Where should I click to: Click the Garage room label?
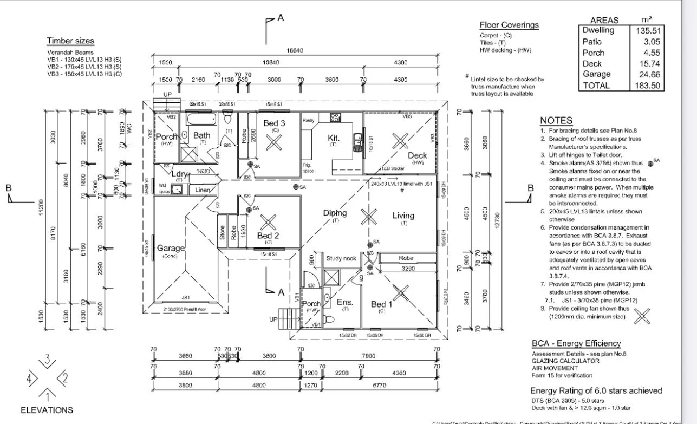[x=171, y=248]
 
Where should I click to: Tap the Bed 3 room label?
[x=275, y=123]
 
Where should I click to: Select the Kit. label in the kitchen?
[x=334, y=138]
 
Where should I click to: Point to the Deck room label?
[x=417, y=155]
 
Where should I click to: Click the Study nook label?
[x=341, y=258]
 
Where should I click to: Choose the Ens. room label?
[x=345, y=302]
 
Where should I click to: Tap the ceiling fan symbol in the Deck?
[x=400, y=141]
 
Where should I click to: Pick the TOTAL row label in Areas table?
[x=596, y=86]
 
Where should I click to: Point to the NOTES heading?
[x=556, y=120]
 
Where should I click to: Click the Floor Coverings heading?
[x=509, y=25]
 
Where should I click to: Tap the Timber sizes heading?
[x=70, y=41]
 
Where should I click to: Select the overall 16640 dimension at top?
[x=295, y=50]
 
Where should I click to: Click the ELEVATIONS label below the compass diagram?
[x=47, y=410]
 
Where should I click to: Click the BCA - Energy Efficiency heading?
[x=576, y=343]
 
